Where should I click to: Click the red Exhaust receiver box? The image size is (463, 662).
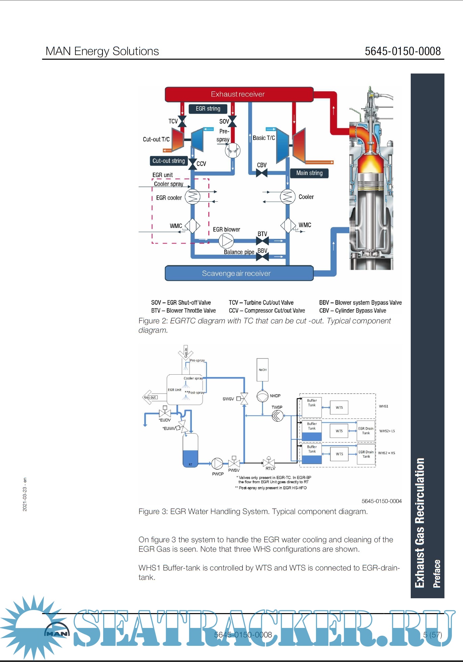coord(239,94)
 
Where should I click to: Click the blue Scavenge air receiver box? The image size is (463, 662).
coord(239,273)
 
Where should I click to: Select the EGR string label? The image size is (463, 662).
coord(208,109)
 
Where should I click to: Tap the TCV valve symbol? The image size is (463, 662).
coord(182,121)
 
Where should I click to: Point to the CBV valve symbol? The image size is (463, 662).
coord(262,173)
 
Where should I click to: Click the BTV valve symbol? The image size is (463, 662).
coord(262,241)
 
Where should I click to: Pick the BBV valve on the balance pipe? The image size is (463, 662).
coord(262,257)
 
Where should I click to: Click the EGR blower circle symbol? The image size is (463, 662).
coord(226,241)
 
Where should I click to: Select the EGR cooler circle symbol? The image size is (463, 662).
coord(193,197)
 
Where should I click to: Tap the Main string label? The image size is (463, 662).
coord(309,173)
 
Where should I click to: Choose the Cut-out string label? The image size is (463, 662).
coord(169,161)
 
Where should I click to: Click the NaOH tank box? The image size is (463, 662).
coord(263,370)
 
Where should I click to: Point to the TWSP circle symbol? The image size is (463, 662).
coord(278,415)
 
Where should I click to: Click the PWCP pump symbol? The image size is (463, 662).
coord(217,464)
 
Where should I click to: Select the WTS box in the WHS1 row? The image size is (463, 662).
coord(339,407)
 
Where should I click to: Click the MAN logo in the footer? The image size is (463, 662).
coord(57,633)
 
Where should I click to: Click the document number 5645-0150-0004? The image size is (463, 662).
coord(381,501)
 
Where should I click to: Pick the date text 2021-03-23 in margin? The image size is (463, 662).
coord(25,494)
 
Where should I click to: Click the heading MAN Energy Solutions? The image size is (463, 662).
coord(102,51)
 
